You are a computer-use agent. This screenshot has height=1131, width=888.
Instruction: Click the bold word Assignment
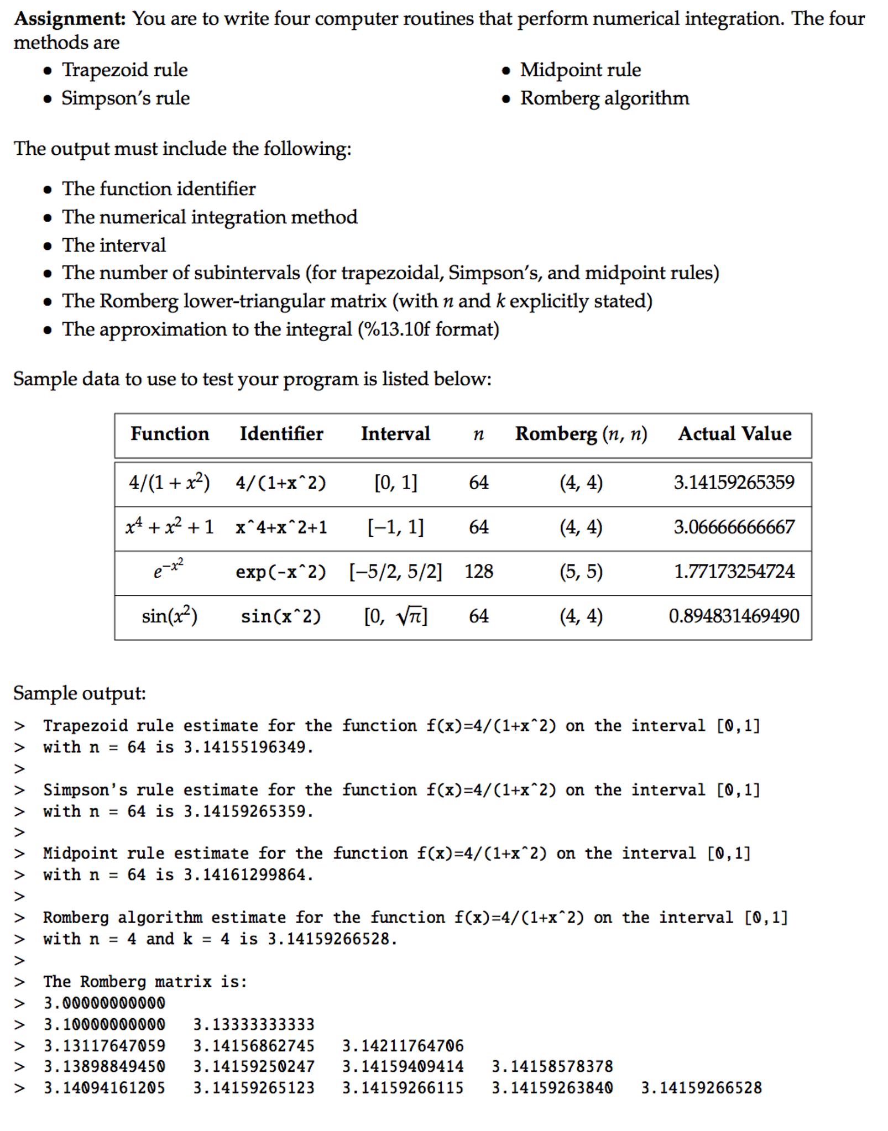point(70,19)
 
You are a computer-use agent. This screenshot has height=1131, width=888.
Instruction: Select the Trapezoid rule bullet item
point(124,70)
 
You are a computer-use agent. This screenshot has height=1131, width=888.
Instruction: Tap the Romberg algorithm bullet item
point(604,98)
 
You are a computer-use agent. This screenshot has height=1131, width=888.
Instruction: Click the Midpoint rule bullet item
point(580,70)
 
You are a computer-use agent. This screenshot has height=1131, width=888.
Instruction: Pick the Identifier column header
point(281,434)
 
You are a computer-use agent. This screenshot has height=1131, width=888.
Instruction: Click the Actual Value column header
point(734,434)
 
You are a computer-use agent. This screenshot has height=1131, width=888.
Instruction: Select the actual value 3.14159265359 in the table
point(734,483)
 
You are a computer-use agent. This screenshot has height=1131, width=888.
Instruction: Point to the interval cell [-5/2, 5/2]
point(395,572)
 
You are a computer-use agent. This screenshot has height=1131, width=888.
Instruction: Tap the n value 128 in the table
point(478,572)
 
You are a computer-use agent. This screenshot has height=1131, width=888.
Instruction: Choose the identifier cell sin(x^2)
point(281,616)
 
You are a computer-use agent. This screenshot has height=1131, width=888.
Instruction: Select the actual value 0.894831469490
point(734,616)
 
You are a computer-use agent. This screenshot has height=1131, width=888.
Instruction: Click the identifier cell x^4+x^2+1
point(281,527)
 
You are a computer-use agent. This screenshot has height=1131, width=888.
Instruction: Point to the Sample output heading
point(80,693)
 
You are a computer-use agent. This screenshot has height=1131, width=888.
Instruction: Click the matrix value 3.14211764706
point(403,1046)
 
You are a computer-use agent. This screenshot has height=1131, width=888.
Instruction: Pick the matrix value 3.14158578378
point(552,1066)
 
